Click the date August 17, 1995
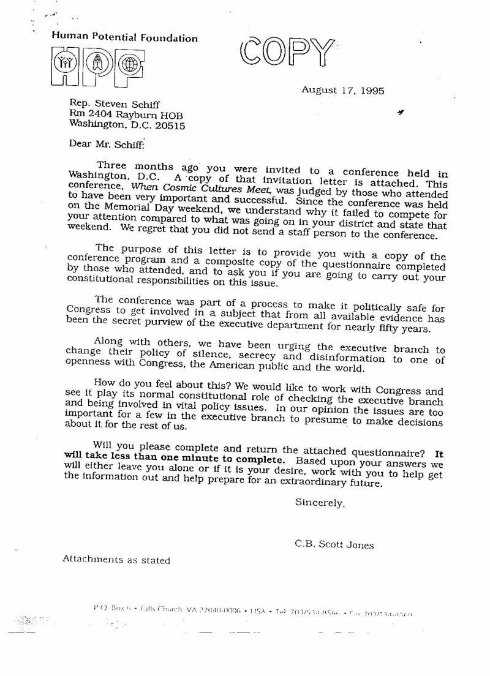[x=342, y=90]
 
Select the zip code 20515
[x=168, y=126]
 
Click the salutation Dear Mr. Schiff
[x=106, y=145]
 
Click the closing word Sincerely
[x=320, y=503]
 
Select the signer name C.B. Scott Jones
[x=334, y=544]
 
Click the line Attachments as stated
[x=116, y=559]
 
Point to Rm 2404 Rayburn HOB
[x=126, y=115]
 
